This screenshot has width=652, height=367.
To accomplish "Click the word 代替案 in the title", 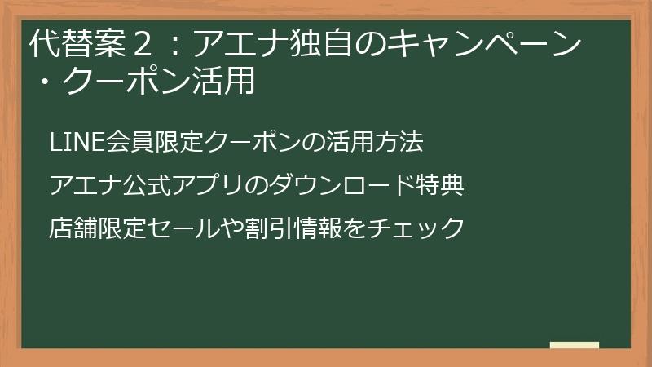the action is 78,43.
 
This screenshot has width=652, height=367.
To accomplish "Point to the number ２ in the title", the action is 143,44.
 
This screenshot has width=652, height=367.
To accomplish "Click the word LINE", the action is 76,141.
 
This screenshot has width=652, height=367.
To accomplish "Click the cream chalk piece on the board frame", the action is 575,345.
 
